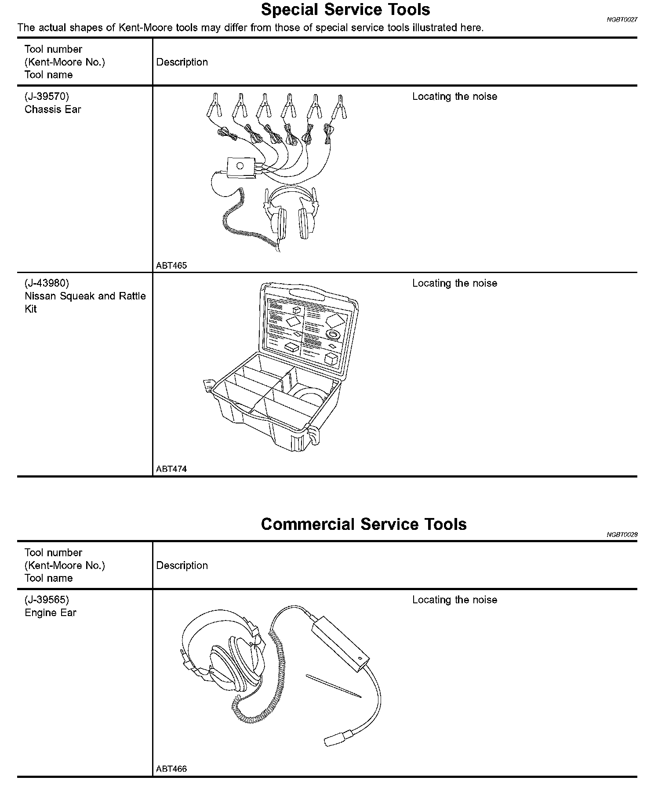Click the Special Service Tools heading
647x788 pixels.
pos(345,10)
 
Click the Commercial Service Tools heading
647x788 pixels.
pos(363,524)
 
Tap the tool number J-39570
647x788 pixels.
pos(47,96)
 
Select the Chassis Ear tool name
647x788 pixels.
pos(53,109)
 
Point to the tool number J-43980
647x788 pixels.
pos(47,283)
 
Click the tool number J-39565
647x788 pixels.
pos(47,600)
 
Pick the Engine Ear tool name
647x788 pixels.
pos(51,613)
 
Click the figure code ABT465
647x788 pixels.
pos(171,266)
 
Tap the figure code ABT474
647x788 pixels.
pos(171,469)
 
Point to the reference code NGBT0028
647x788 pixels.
pos(622,535)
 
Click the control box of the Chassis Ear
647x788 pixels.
pos(241,168)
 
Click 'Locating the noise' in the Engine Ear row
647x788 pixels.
pos(454,600)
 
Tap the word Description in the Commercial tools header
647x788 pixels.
pos(182,565)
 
